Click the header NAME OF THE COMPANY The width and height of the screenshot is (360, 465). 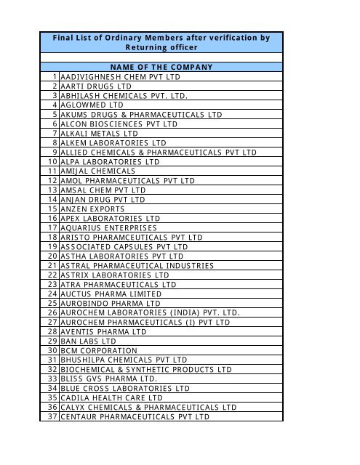[162, 67]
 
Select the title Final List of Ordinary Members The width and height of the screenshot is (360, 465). [162, 37]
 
